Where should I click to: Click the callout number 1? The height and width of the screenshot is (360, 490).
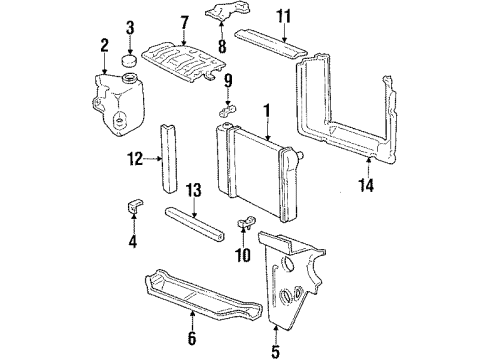click(x=266, y=108)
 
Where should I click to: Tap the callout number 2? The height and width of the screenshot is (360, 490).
click(x=104, y=44)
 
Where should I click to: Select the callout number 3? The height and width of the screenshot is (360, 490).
click(x=129, y=26)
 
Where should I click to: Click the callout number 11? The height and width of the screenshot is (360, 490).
click(x=283, y=15)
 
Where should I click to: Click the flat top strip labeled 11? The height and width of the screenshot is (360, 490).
click(x=267, y=44)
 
